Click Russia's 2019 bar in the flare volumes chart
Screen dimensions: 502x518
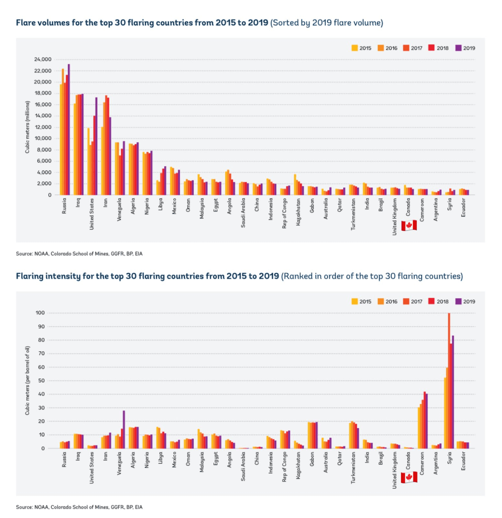coord(69,129)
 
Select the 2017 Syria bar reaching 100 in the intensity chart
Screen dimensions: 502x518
coord(449,381)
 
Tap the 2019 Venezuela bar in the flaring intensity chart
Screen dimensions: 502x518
coord(124,430)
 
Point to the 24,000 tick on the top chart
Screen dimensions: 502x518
coord(43,59)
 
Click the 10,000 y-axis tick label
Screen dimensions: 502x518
coord(43,138)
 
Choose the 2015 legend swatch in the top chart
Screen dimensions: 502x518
coord(355,48)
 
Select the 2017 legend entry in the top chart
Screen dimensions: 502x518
coord(413,48)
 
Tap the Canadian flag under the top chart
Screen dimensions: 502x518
coord(409,225)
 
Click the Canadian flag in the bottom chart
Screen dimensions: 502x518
coord(409,478)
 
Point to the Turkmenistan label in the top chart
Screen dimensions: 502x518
coord(353,214)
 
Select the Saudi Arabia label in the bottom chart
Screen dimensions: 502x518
coord(243,466)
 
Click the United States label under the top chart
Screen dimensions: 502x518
coord(92,214)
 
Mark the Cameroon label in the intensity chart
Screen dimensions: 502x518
coord(422,463)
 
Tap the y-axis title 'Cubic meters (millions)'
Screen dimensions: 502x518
coord(27,127)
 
